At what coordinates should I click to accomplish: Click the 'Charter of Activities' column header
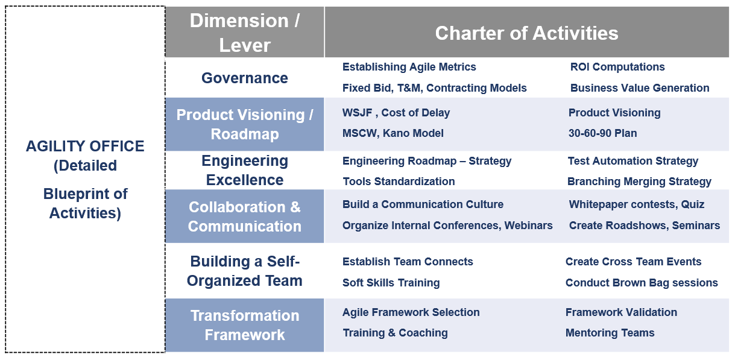[x=526, y=33]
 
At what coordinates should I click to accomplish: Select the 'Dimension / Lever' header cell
[x=245, y=33]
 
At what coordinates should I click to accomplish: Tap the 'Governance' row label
[x=245, y=78]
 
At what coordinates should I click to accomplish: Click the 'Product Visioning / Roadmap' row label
[x=245, y=124]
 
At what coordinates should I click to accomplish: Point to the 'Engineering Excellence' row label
[x=245, y=170]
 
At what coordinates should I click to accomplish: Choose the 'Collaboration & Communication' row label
[x=245, y=216]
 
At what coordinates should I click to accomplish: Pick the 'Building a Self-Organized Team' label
[x=245, y=271]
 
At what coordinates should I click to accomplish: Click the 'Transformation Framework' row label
[x=245, y=325]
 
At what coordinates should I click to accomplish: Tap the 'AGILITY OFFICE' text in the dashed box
[x=85, y=147]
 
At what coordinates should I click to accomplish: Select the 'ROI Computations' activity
[x=617, y=67]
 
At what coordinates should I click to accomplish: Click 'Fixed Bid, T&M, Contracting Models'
[x=434, y=88]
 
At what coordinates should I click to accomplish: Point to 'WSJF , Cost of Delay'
[x=396, y=113]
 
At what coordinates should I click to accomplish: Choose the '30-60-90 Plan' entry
[x=602, y=133]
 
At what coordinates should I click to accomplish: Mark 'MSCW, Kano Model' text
[x=393, y=133]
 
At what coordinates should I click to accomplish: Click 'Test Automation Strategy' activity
[x=632, y=161]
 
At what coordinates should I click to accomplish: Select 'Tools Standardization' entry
[x=399, y=182]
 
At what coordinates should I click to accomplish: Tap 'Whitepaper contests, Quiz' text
[x=636, y=204]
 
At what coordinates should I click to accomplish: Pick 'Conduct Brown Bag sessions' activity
[x=642, y=283]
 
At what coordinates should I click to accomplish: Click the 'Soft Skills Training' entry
[x=391, y=283]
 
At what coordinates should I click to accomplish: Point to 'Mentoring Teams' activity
[x=610, y=333]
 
